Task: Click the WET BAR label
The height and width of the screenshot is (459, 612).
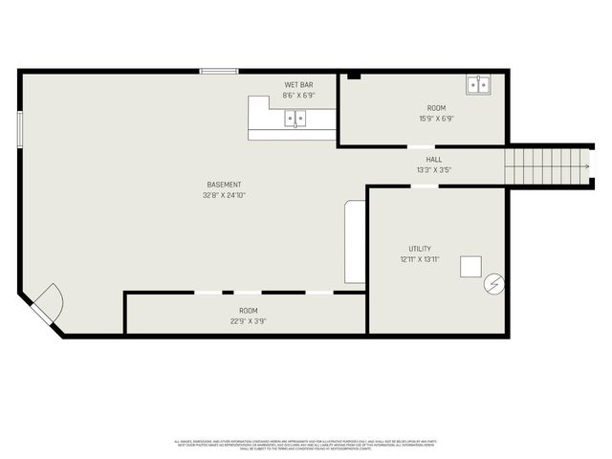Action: [x=298, y=85]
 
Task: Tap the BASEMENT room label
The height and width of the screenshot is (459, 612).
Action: [x=224, y=185]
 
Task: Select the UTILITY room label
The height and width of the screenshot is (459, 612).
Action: [x=420, y=249]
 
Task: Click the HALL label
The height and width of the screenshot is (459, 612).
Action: [x=434, y=160]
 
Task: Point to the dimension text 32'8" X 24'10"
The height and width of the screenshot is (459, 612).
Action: [x=224, y=195]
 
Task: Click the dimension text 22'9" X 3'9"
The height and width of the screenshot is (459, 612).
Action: [x=248, y=321]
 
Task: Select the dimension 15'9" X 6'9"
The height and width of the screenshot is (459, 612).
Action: [x=436, y=119]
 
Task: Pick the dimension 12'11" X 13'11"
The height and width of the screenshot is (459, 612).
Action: [x=420, y=259]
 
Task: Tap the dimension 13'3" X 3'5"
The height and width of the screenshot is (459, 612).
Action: [x=434, y=170]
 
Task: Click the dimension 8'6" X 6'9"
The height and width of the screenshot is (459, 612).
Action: [x=298, y=96]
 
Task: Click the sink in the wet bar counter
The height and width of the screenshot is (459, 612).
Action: [x=295, y=119]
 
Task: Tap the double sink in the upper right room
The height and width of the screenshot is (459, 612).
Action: [x=478, y=85]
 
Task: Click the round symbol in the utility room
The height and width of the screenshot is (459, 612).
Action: [x=493, y=283]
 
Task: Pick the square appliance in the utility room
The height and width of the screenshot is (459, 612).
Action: [x=470, y=266]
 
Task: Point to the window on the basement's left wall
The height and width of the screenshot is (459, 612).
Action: [x=20, y=130]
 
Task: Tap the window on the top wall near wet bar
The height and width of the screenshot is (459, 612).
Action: [x=219, y=70]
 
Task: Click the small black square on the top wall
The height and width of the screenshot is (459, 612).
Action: [x=353, y=75]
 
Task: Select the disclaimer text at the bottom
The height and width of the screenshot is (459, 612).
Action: [x=306, y=445]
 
